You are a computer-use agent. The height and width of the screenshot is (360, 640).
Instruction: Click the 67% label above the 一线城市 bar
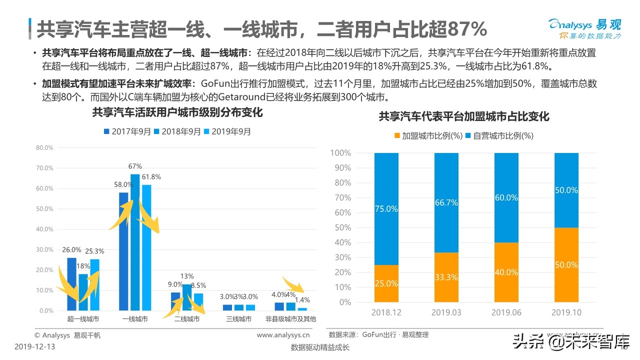point(135,166)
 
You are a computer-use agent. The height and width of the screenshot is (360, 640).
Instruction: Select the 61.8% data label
point(152,176)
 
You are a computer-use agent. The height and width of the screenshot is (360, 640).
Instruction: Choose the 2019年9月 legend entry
point(227,131)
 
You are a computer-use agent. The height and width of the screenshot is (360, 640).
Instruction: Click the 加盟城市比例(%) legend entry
point(427,135)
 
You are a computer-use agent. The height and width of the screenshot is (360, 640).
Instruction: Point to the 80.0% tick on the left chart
point(44,147)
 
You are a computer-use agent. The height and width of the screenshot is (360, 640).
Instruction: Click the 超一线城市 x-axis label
point(83,319)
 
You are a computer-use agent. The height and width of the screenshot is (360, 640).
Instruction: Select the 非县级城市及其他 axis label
point(291,319)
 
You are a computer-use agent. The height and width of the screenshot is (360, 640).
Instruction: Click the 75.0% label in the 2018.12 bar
point(386,209)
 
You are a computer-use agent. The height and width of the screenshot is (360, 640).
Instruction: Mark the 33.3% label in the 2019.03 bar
point(446,277)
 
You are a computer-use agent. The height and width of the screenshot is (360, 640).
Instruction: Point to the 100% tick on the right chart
point(340,152)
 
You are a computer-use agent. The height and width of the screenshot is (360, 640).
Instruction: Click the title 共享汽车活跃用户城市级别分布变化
point(177,112)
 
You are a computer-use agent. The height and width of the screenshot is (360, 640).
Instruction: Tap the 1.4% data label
point(302,300)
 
